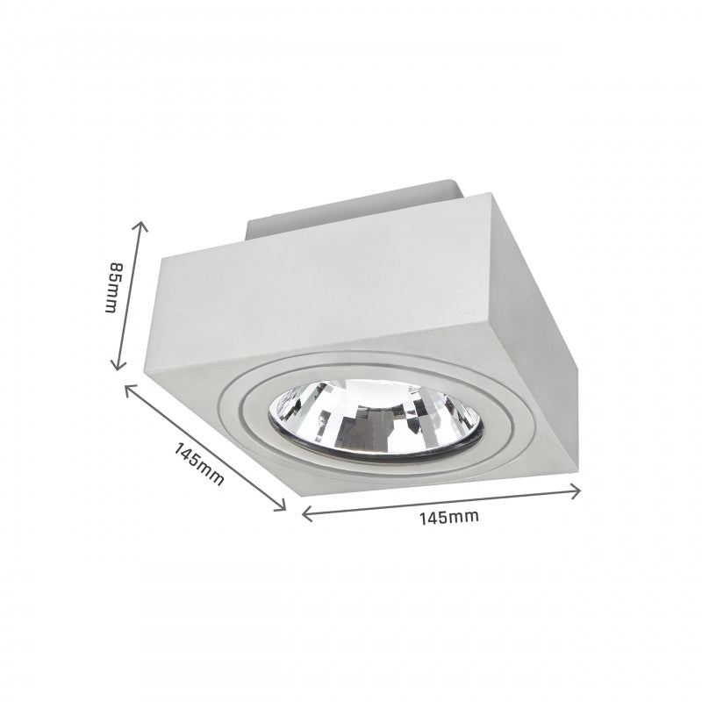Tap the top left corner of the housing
[x=160, y=256]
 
